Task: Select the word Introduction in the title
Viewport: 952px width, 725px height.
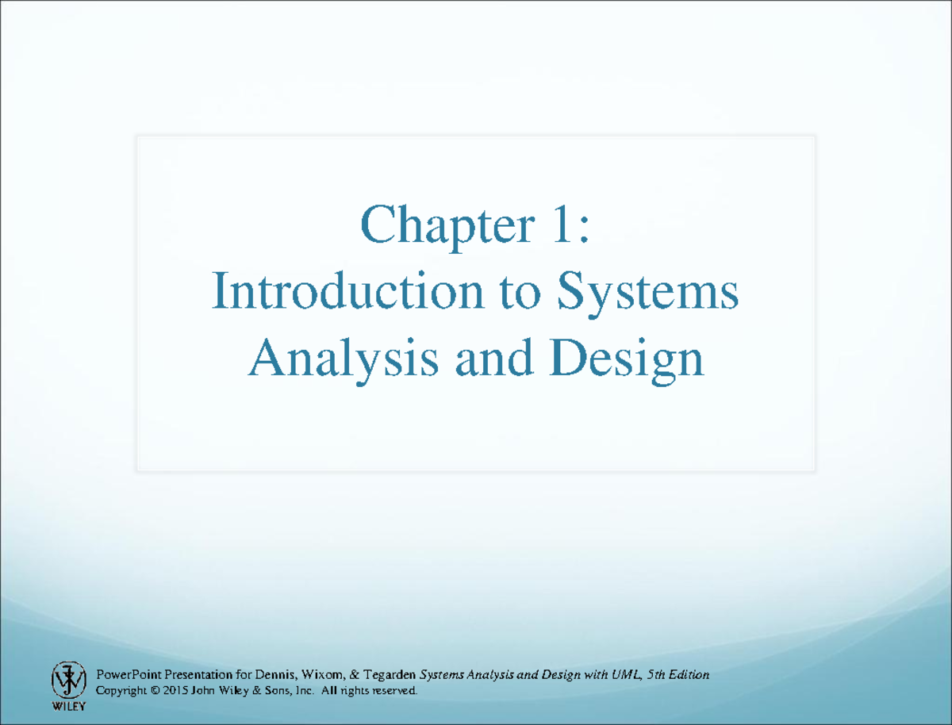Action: tap(346, 292)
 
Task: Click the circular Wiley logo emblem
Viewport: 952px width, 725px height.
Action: tap(68, 680)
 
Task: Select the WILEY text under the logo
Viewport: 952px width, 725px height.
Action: tap(68, 705)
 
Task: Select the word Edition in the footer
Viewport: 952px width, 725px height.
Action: tap(687, 675)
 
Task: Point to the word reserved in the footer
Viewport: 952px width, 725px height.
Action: tap(393, 692)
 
